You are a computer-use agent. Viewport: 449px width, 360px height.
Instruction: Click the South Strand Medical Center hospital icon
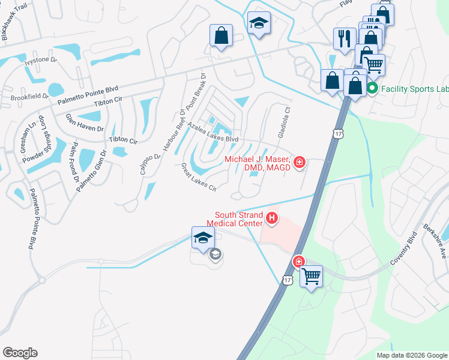[x=272, y=218]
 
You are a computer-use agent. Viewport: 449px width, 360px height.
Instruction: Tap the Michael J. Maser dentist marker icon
[x=300, y=161]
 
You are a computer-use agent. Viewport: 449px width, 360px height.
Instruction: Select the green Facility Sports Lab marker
[x=372, y=89]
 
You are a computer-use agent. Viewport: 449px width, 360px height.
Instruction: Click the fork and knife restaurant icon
[x=344, y=38]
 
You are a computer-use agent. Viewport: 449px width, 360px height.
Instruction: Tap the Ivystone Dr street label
[x=40, y=60]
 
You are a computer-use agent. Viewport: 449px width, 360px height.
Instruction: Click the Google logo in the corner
[x=20, y=353]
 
